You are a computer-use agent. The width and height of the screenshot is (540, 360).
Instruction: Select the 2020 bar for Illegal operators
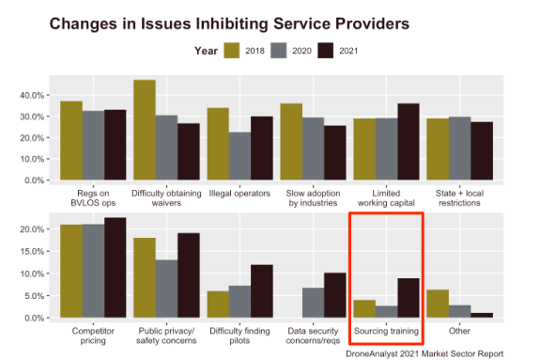click(240, 156)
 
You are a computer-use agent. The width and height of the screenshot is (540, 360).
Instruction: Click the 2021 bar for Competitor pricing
click(115, 268)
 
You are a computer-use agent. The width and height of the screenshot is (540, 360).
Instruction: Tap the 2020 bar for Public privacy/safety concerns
click(166, 289)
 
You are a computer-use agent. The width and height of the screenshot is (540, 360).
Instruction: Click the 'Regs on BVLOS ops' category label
click(93, 197)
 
